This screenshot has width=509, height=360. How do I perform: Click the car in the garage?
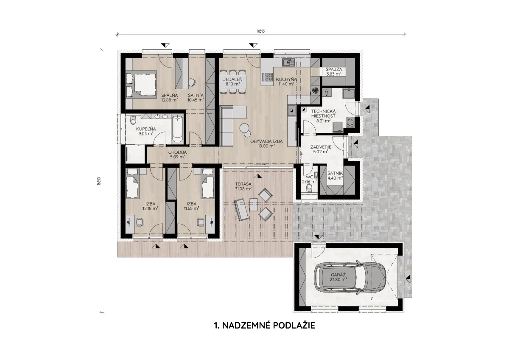click(x=350, y=278)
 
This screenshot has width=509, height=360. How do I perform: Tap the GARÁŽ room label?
click(x=338, y=277)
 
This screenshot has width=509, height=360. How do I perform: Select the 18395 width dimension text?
click(x=260, y=31)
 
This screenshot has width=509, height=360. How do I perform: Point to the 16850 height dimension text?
click(x=98, y=181)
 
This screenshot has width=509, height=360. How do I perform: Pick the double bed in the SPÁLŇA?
click(x=141, y=84)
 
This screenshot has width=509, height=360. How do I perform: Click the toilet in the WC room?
click(x=309, y=188)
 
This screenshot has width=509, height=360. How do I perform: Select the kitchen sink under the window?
click(x=288, y=62)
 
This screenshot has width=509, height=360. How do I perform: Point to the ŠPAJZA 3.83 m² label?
click(x=333, y=71)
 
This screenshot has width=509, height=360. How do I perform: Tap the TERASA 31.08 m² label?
click(x=243, y=186)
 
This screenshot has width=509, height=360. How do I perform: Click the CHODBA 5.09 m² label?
click(x=177, y=155)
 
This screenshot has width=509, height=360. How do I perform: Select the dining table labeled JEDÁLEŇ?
click(x=233, y=82)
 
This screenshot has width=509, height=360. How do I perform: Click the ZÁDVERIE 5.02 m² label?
click(x=321, y=149)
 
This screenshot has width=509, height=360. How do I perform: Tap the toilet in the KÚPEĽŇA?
click(x=133, y=120)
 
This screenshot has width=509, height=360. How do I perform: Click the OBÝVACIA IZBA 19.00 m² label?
click(x=266, y=143)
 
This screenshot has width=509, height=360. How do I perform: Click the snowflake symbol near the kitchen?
click(x=315, y=90)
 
